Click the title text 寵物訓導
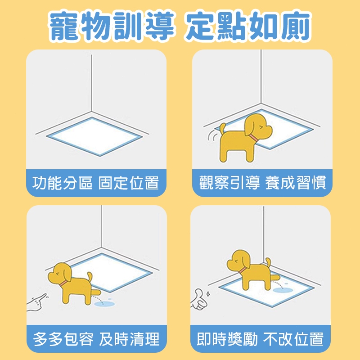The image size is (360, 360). (112, 26)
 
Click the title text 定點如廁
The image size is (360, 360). (248, 26)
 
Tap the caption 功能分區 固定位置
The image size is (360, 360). (95, 183)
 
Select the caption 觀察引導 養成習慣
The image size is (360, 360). (262, 183)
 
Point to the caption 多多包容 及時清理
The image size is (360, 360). (96, 339)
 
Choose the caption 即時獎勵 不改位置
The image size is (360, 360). (260, 339)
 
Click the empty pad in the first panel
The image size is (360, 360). (94, 137)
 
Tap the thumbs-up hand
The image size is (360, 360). (198, 299)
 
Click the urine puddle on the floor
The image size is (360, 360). (104, 303)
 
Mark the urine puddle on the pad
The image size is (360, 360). (283, 290)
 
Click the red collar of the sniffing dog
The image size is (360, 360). (254, 138)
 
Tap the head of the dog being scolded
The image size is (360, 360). (60, 274)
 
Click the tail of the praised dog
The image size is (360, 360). (268, 263)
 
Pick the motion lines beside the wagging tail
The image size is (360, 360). (212, 135)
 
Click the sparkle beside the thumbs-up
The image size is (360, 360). (208, 294)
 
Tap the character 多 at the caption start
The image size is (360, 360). (40, 339)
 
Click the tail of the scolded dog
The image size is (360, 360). (89, 277)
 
